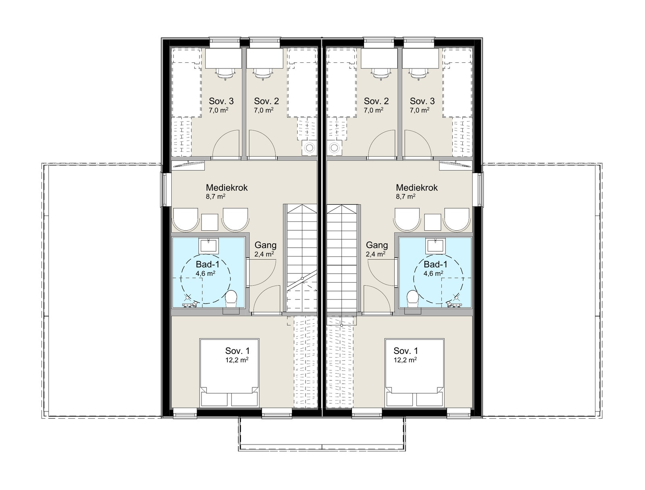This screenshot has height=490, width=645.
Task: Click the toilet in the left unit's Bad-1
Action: pyautogui.click(x=231, y=299)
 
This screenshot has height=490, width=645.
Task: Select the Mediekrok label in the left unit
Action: pyautogui.click(x=227, y=188)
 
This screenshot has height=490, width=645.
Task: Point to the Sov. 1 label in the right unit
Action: pyautogui.click(x=406, y=351)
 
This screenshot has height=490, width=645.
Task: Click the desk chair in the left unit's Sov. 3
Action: pyautogui.click(x=225, y=74)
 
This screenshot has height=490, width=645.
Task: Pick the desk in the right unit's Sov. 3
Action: pyautogui.click(x=420, y=58)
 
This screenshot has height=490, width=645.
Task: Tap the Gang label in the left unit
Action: pyautogui.click(x=265, y=245)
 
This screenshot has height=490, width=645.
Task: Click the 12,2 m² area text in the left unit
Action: pyautogui.click(x=237, y=360)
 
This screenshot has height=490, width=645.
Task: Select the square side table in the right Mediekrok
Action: pyautogui.click(x=433, y=222)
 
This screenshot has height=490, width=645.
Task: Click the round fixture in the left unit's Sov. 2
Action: pyautogui.click(x=309, y=147)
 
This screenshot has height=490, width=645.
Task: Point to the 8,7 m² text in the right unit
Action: pyautogui.click(x=406, y=196)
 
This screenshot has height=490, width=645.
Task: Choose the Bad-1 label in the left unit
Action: pyautogui.click(x=208, y=265)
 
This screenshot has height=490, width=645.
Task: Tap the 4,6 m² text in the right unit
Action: pyautogui.click(x=433, y=273)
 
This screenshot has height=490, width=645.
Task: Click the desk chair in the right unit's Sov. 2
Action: pyautogui.click(x=381, y=74)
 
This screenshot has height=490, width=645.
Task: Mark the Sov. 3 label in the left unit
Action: pyautogui.click(x=221, y=101)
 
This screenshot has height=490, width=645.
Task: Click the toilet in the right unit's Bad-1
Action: pyautogui.click(x=412, y=299)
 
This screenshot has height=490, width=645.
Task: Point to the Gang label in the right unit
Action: pyautogui.click(x=377, y=245)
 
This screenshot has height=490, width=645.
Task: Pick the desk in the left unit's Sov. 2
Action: pyautogui.click(x=265, y=58)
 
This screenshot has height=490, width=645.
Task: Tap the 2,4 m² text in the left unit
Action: pyautogui.click(x=264, y=254)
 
